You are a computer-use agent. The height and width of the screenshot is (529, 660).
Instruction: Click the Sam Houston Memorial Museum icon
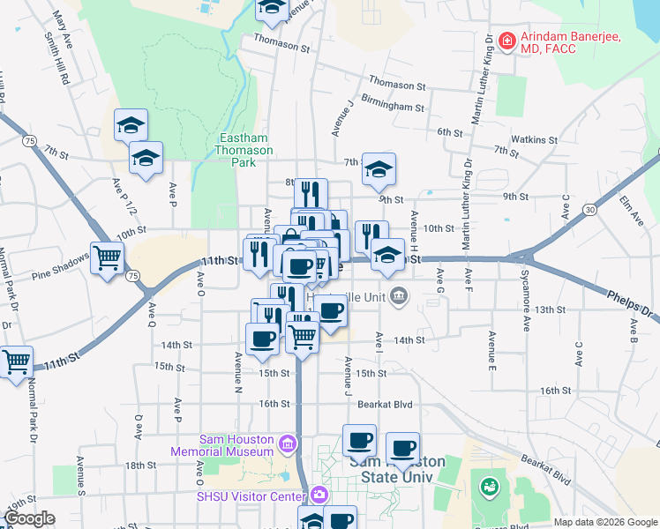[287, 443]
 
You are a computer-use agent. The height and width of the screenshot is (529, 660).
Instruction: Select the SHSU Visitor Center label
[251, 495]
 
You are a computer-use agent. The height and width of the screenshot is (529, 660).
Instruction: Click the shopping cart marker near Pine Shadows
[108, 258]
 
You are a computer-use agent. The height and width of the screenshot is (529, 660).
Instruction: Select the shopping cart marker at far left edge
[16, 361]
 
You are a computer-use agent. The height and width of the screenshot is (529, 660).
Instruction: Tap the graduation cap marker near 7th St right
[379, 169]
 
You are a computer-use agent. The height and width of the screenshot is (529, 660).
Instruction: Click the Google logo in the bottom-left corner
[29, 518]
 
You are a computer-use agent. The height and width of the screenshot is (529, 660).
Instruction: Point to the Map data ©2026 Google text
[604, 522]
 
